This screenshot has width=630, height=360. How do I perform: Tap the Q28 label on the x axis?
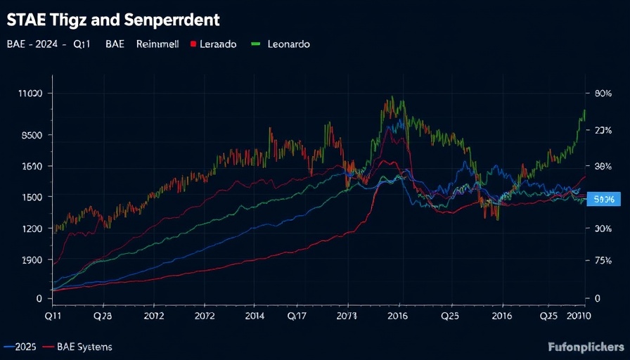pos(103,316)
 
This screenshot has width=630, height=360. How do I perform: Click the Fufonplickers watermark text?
pos(586,347)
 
